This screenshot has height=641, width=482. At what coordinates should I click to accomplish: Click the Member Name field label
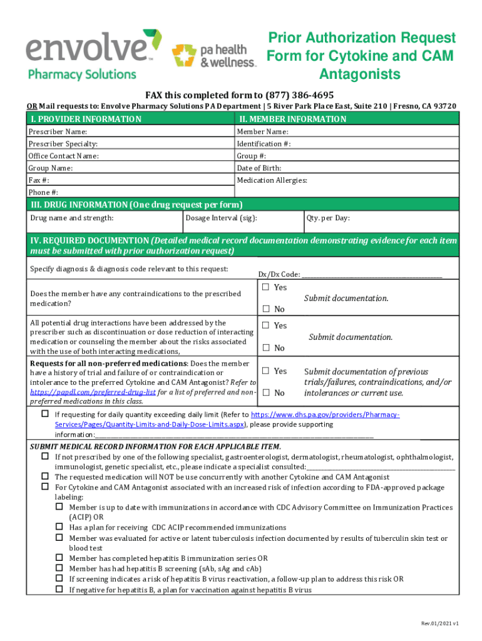(x=262, y=132)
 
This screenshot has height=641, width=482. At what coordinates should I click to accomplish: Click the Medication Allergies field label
(x=272, y=180)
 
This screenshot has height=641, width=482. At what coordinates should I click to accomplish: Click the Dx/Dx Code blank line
(x=372, y=274)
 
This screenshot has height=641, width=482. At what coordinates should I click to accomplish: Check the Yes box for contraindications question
(x=265, y=287)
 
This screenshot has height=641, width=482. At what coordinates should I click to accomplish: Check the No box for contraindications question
(x=265, y=309)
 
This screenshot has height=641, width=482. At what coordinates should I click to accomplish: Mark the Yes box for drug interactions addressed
(x=265, y=326)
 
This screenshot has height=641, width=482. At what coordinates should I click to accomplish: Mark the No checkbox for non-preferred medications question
(x=265, y=393)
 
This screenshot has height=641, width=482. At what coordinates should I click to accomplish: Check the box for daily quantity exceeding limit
(x=45, y=414)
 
